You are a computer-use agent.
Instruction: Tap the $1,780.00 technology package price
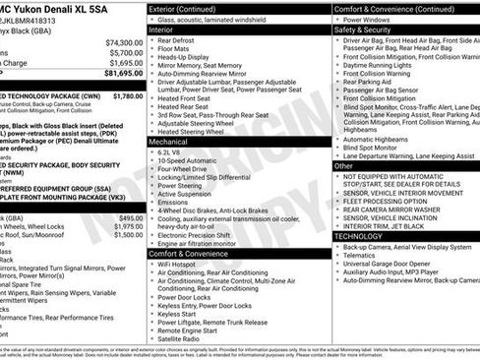point(128,95)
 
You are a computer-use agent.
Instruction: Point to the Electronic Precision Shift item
point(199,234)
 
